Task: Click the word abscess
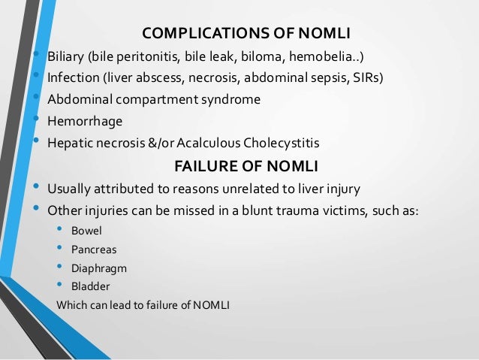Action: coord(161,78)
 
